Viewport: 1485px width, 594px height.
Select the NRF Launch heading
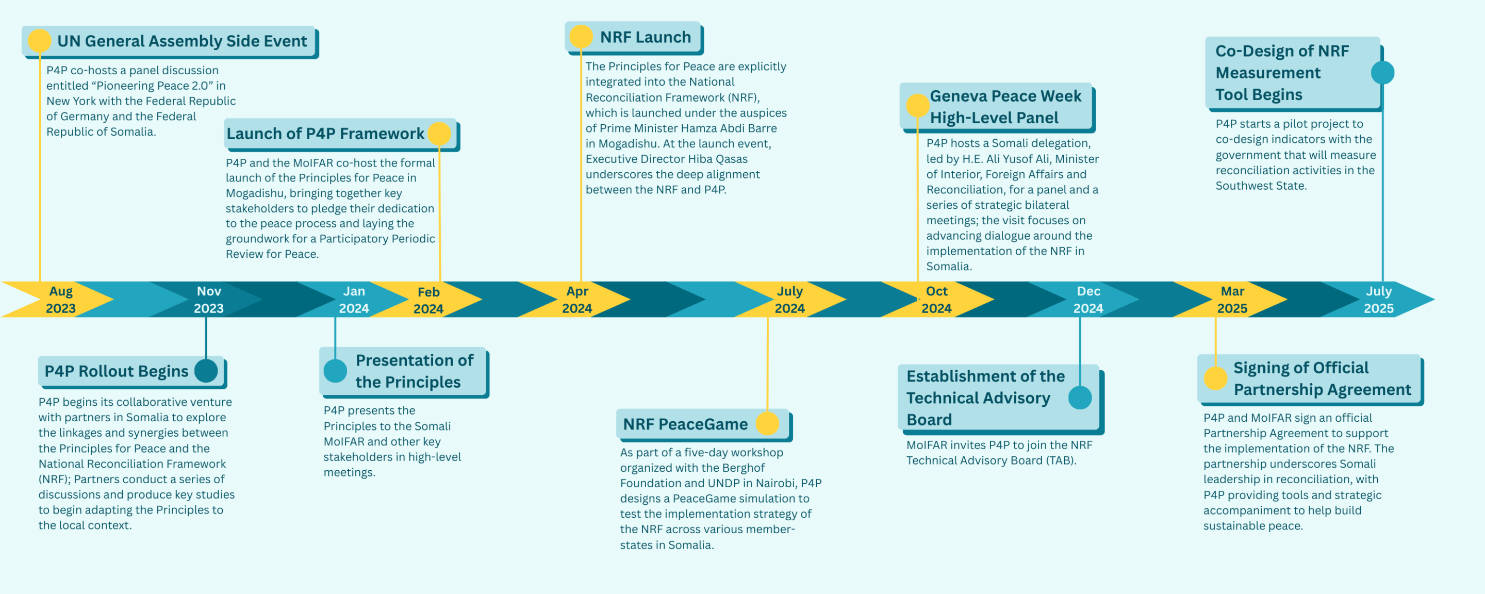[x=645, y=38]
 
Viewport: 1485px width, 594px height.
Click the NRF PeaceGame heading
[x=685, y=424]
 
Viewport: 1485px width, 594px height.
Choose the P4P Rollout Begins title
[x=116, y=371]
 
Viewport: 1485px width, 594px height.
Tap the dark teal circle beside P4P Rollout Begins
[x=206, y=371]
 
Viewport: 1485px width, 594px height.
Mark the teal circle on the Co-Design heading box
[x=1382, y=73]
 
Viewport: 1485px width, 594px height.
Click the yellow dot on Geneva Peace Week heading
[x=918, y=106]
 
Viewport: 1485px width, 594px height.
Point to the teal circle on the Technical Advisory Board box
[x=1080, y=398]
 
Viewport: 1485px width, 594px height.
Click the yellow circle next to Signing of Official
[x=1215, y=378]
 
